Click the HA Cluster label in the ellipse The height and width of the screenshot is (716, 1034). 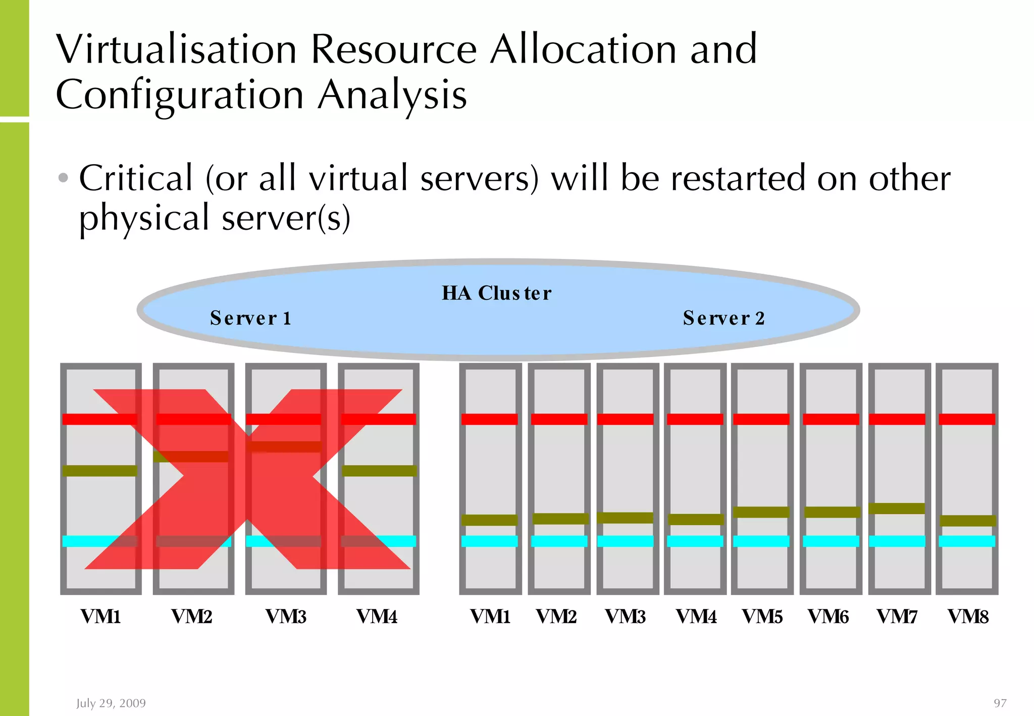pyautogui.click(x=497, y=293)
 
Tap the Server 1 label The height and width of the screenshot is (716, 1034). pyautogui.click(x=251, y=318)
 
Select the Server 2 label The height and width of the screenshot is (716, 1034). pyautogui.click(x=723, y=318)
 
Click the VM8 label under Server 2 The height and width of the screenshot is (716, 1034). pyautogui.click(x=968, y=617)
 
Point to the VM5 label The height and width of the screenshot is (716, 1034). pyautogui.click(x=762, y=617)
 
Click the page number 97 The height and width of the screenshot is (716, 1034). pyautogui.click(x=1000, y=703)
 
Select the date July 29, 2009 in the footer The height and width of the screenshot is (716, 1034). pyautogui.click(x=111, y=703)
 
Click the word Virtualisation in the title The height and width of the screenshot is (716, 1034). pyautogui.click(x=176, y=49)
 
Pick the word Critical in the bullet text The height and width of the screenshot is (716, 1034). pyautogui.click(x=136, y=178)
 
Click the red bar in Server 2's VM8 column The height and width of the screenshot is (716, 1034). pyautogui.click(x=967, y=419)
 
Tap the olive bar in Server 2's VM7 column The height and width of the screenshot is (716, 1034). pyautogui.click(x=897, y=508)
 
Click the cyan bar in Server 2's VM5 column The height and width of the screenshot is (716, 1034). pyautogui.click(x=761, y=541)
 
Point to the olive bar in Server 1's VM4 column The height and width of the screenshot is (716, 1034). pyautogui.click(x=379, y=471)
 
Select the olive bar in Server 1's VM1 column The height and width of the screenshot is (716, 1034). pyautogui.click(x=99, y=471)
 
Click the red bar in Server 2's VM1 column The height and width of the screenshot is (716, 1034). pyautogui.click(x=489, y=419)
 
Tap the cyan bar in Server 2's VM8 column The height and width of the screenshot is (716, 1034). pyautogui.click(x=967, y=541)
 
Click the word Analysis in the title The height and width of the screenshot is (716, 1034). pyautogui.click(x=392, y=95)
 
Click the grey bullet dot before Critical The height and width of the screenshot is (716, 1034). pyautogui.click(x=63, y=178)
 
